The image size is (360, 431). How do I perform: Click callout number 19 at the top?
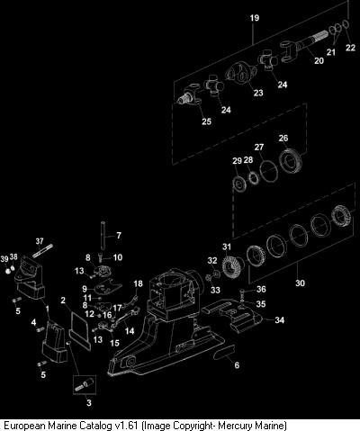pos(255,18)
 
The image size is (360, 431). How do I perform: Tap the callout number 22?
pos(350,48)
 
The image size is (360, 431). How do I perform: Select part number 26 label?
pos(283,139)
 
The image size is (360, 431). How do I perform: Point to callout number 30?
pos(300,283)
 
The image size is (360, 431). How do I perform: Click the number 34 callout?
pos(279,320)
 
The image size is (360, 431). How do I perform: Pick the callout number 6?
pos(237,364)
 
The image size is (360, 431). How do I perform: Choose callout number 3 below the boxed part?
pos(89,402)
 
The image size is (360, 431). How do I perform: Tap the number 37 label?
pos(40,241)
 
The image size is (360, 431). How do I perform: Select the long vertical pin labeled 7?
pos(103,236)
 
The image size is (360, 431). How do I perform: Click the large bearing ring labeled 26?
pos(290,161)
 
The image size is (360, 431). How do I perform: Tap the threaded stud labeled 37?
pos(42,251)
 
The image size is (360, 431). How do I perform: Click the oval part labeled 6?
pos(224,352)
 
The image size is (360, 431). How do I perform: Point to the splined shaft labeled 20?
pos(308,42)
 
